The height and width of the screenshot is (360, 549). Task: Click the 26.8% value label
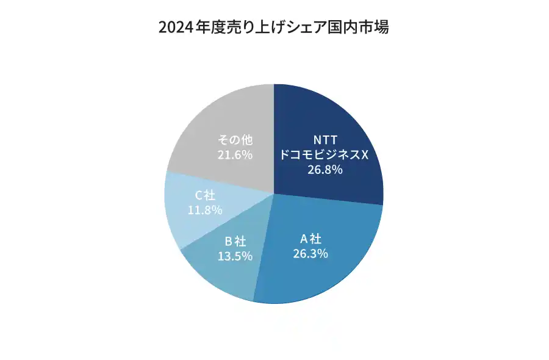[325, 170]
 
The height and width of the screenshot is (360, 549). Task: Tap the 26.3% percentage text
[310, 253]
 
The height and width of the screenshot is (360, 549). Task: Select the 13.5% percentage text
[235, 256]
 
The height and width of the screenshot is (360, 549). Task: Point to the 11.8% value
[204, 210]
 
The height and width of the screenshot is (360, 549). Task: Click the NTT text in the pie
[325, 139]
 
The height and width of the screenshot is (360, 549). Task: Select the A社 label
[310, 237]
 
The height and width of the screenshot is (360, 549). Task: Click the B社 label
[235, 241]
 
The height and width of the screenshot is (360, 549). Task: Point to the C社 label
[204, 195]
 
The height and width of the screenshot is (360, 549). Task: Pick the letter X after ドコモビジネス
[365, 154]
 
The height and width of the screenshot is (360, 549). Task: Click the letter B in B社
[228, 241]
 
